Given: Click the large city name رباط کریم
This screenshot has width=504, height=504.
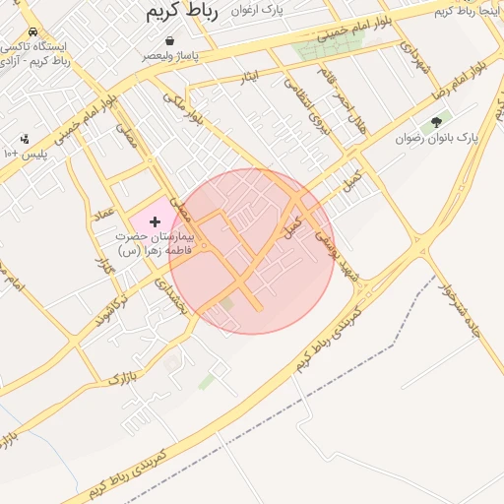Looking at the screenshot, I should [x=181, y=12].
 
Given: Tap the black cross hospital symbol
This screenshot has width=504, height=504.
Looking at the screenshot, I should [x=155, y=222].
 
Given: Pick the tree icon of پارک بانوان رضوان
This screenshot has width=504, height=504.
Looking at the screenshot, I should [x=436, y=123].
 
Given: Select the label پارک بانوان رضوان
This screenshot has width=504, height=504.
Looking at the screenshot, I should [x=437, y=139].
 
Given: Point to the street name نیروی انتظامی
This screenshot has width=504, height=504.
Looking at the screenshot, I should [x=304, y=103].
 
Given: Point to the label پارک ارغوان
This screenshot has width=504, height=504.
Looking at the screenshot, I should [x=258, y=10].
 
